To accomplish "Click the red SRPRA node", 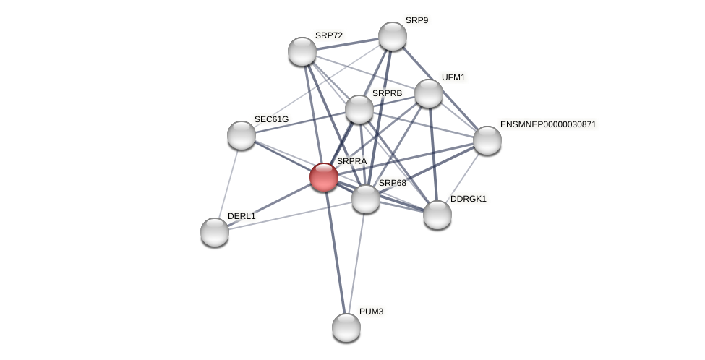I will click(323, 177).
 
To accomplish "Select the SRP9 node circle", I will click(393, 36).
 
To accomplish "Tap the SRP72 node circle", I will click(302, 51).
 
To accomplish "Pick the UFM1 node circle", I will click(429, 93).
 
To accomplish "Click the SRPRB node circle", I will click(359, 109).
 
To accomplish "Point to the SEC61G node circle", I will click(242, 135).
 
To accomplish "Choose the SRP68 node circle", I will click(366, 199).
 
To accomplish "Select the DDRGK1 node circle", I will click(437, 215).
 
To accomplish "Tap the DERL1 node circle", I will click(215, 232).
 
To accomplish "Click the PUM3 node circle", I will click(346, 327).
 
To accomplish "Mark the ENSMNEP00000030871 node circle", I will click(487, 140).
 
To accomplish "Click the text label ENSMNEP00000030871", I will click(548, 124).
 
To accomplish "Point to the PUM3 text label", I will click(371, 312).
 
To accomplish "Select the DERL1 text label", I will click(242, 216).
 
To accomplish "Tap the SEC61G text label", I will click(271, 119).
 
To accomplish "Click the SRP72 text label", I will click(329, 35).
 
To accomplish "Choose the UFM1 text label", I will click(453, 77).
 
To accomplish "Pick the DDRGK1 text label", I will click(469, 199).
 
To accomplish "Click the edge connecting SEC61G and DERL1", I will click(228, 183).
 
